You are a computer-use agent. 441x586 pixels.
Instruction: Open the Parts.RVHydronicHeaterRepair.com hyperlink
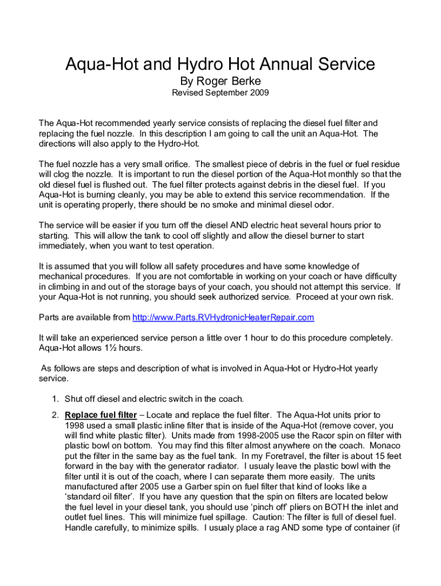[223, 318]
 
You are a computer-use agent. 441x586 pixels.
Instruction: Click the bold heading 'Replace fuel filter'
[101, 415]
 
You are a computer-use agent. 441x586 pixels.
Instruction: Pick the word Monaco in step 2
[385, 445]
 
